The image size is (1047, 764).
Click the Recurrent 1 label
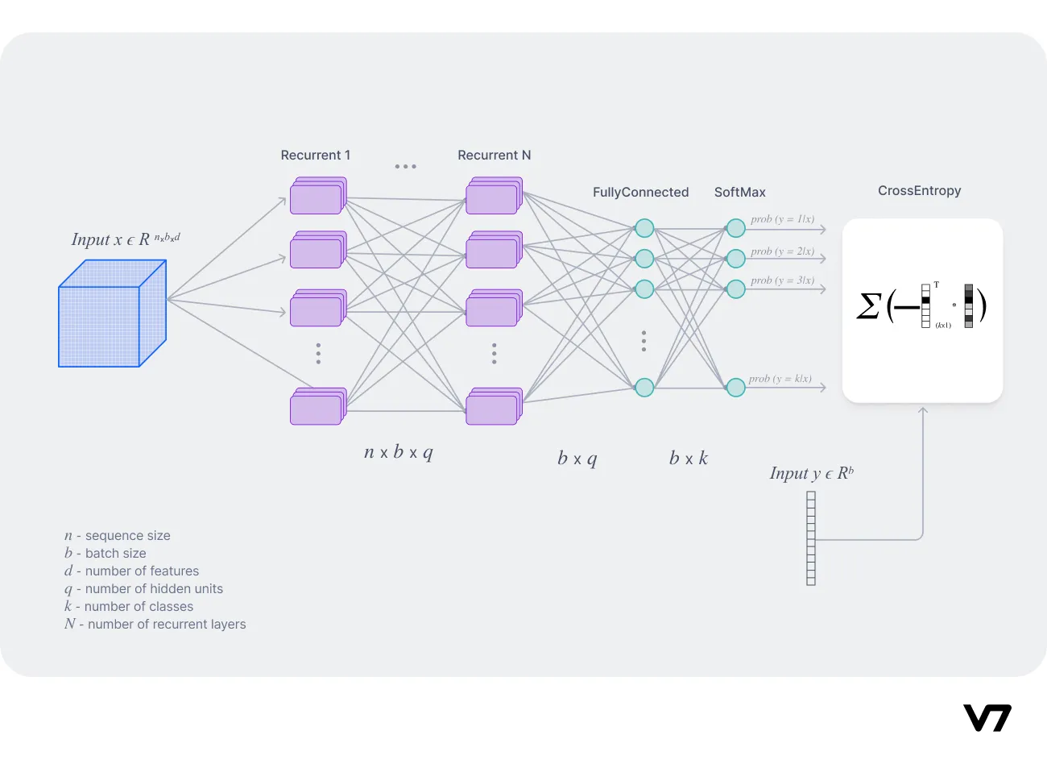pos(315,155)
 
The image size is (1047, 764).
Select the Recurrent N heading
pos(494,155)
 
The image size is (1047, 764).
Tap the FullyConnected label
pos(640,192)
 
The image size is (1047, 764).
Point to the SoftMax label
pos(739,192)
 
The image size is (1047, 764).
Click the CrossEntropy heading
pos(919,190)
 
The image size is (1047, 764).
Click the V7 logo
pos(987,717)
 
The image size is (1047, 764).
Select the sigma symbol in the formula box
pos(868,306)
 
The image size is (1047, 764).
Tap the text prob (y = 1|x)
pos(782,219)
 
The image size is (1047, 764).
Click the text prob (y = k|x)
pos(780,379)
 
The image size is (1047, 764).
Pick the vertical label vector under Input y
pos(810,538)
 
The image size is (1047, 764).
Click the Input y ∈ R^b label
pos(811,473)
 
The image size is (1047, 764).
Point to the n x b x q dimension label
pos(398,452)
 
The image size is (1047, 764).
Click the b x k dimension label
pos(688,459)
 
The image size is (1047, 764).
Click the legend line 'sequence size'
pos(118,535)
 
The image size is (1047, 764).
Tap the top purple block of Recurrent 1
pos(317,197)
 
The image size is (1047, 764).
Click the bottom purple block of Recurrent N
pos(493,407)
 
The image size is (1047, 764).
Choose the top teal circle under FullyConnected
pos(644,228)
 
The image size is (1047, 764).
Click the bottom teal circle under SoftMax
pos(735,388)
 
